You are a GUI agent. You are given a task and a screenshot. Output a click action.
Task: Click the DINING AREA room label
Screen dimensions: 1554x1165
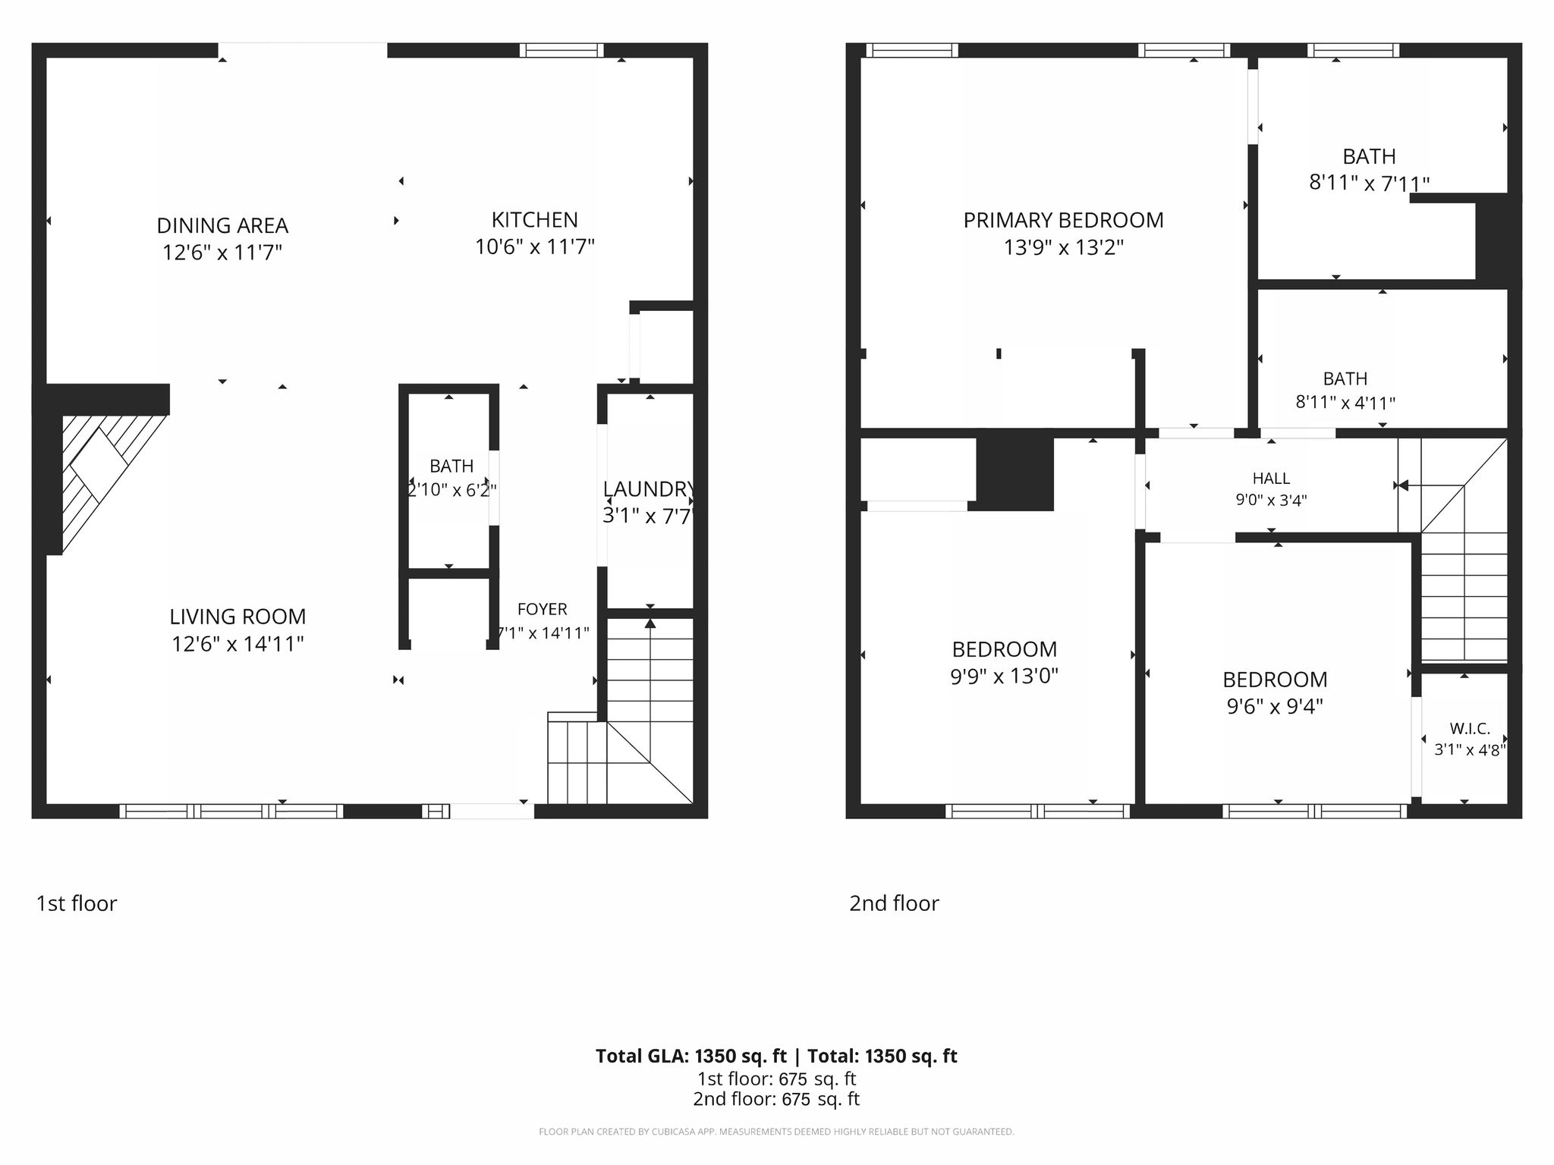(222, 225)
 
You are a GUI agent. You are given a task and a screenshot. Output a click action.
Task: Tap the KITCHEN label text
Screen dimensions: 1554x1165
(535, 220)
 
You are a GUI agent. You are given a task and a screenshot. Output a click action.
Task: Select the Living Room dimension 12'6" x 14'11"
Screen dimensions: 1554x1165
(238, 644)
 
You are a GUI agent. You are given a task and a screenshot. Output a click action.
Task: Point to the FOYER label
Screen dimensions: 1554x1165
(542, 609)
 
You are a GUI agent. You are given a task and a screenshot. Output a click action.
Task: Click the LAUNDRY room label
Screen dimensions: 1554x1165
(649, 489)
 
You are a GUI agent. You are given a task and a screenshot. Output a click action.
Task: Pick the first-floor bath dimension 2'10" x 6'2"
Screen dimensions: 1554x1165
(452, 490)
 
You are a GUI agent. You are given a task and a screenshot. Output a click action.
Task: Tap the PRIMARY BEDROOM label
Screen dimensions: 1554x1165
(1063, 220)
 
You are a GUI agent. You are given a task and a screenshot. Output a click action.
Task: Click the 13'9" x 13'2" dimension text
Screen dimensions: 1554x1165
(1063, 247)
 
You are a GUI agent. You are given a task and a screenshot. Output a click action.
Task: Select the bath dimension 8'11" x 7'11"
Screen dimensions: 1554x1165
(1369, 183)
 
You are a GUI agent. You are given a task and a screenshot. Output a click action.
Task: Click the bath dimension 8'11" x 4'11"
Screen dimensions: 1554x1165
(1345, 402)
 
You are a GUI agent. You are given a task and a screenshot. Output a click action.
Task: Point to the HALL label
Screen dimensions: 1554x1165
(1271, 478)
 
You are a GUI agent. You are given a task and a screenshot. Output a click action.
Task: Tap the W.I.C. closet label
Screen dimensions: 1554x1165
(1470, 729)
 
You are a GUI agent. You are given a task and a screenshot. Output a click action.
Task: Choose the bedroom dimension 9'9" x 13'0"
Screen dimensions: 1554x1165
(1004, 676)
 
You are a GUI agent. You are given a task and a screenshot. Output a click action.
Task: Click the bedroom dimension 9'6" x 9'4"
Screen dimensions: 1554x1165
(1275, 706)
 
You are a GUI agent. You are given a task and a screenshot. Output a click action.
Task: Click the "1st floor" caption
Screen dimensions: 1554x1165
(77, 903)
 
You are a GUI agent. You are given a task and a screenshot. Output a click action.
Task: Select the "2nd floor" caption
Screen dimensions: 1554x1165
(894, 903)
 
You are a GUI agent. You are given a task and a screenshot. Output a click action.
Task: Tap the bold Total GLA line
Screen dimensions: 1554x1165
(776, 1056)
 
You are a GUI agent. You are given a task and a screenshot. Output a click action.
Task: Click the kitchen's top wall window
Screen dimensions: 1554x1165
(562, 50)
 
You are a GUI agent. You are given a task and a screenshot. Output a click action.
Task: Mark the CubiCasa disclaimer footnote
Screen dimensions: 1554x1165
(776, 1132)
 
